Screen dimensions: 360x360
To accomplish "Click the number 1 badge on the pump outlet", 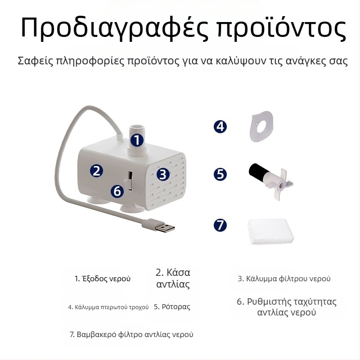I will (137, 140).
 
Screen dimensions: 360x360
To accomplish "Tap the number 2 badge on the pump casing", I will (96, 171).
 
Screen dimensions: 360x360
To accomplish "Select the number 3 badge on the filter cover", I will (163, 174).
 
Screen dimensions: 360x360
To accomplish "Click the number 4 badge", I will (220, 126).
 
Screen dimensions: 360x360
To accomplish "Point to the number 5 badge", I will (220, 174).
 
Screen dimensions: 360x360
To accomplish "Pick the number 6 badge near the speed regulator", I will (117, 191).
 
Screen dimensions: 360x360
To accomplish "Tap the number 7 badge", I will (220, 225).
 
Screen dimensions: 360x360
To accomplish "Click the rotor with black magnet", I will (270, 178).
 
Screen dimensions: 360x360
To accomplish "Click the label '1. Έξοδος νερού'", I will (103, 279).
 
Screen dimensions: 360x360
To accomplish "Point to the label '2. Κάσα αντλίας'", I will (173, 278).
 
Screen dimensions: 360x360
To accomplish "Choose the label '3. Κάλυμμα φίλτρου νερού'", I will (284, 279).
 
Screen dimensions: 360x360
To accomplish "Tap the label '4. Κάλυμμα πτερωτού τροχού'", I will (108, 307).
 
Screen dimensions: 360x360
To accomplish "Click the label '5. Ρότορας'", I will (172, 307).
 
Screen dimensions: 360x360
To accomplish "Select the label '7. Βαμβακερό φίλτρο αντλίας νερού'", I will (131, 335).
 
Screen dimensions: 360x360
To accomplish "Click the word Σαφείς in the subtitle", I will (33, 61).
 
